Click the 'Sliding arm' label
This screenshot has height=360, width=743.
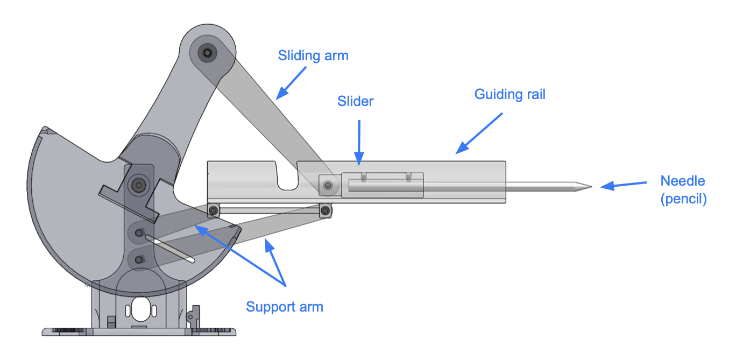(x=313, y=56)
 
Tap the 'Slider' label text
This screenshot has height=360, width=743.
(x=355, y=101)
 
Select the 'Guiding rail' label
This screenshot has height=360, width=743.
(x=510, y=94)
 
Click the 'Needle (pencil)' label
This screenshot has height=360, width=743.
(x=683, y=190)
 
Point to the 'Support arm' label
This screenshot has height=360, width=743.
(x=285, y=307)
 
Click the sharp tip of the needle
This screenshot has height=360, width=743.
(x=591, y=187)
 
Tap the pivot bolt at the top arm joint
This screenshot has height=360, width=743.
(x=208, y=53)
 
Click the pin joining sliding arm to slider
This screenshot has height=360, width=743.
(x=328, y=185)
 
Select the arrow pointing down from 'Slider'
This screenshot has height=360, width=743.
(x=359, y=143)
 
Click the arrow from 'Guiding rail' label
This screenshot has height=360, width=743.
(x=479, y=133)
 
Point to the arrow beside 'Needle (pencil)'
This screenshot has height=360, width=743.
(x=623, y=185)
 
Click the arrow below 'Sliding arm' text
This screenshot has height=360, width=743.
(x=291, y=83)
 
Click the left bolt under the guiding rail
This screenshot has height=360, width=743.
(x=213, y=210)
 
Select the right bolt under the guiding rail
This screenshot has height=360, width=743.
(x=325, y=210)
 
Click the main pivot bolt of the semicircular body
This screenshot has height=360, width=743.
(x=139, y=185)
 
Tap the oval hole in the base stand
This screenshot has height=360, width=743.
(x=140, y=309)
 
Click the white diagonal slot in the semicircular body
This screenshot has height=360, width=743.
(x=170, y=249)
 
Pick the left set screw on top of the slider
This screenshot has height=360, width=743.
(x=364, y=177)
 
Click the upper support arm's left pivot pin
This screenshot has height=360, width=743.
(x=139, y=233)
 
